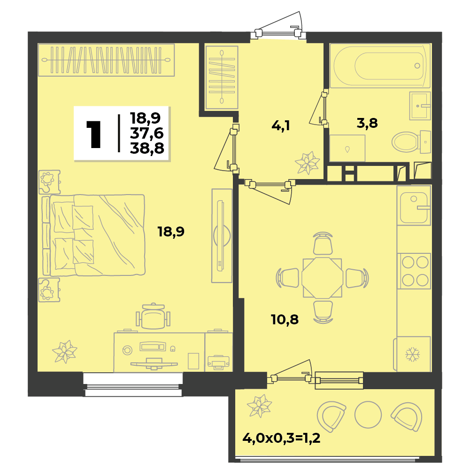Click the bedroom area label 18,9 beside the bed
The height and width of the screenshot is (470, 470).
point(171,232)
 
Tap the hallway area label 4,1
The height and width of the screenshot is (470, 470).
point(281,125)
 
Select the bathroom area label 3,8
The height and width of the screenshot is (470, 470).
point(367,123)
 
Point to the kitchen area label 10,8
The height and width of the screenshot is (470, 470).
point(285,320)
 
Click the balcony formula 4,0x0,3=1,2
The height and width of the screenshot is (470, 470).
point(281,438)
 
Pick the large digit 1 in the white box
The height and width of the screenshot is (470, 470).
point(93,134)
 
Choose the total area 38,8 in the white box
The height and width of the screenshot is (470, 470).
point(147,148)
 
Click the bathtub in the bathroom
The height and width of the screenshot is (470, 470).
point(380,66)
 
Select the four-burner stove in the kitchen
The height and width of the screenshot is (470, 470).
point(414,271)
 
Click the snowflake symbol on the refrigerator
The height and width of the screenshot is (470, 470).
point(412,354)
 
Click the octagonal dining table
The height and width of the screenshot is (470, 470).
point(322,278)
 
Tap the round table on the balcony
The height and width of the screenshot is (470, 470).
point(368,415)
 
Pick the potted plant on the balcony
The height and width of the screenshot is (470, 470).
point(260,406)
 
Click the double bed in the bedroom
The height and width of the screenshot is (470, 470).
point(94,235)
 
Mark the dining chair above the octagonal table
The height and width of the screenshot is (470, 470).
point(323,243)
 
